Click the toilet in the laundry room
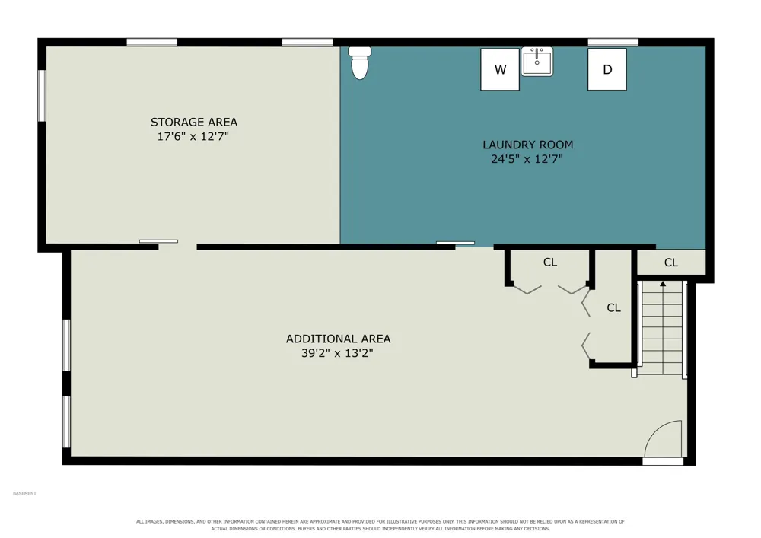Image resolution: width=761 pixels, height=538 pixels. pyautogui.click(x=360, y=62)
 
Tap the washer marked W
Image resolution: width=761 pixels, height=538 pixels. pyautogui.click(x=500, y=69)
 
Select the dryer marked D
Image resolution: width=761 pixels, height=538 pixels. pyautogui.click(x=607, y=69)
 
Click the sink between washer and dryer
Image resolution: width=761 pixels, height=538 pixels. pyautogui.click(x=537, y=61)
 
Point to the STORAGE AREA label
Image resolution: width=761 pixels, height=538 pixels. pyautogui.click(x=193, y=123)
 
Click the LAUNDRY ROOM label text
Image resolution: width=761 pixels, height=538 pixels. pyautogui.click(x=527, y=145)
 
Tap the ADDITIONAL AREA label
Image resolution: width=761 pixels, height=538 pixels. pyautogui.click(x=339, y=339)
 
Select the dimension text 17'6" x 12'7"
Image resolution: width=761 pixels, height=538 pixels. pyautogui.click(x=193, y=136)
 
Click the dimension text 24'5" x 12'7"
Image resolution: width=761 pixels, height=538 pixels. pyautogui.click(x=527, y=158)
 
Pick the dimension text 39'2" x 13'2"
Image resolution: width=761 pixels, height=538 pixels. pyautogui.click(x=337, y=352)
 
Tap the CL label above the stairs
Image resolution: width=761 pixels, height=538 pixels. pyautogui.click(x=671, y=263)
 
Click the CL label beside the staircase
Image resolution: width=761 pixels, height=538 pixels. pyautogui.click(x=613, y=307)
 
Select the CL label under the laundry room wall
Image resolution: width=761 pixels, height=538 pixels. pyautogui.click(x=550, y=263)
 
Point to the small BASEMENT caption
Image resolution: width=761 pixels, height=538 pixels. pyautogui.click(x=25, y=493)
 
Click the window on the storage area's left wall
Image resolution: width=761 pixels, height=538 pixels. pyautogui.click(x=42, y=96)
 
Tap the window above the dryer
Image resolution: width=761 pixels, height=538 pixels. pyautogui.click(x=613, y=42)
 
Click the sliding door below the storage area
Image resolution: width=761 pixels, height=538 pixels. pyautogui.click(x=159, y=241)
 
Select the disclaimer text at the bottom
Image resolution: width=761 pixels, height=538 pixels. pyautogui.click(x=380, y=525)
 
